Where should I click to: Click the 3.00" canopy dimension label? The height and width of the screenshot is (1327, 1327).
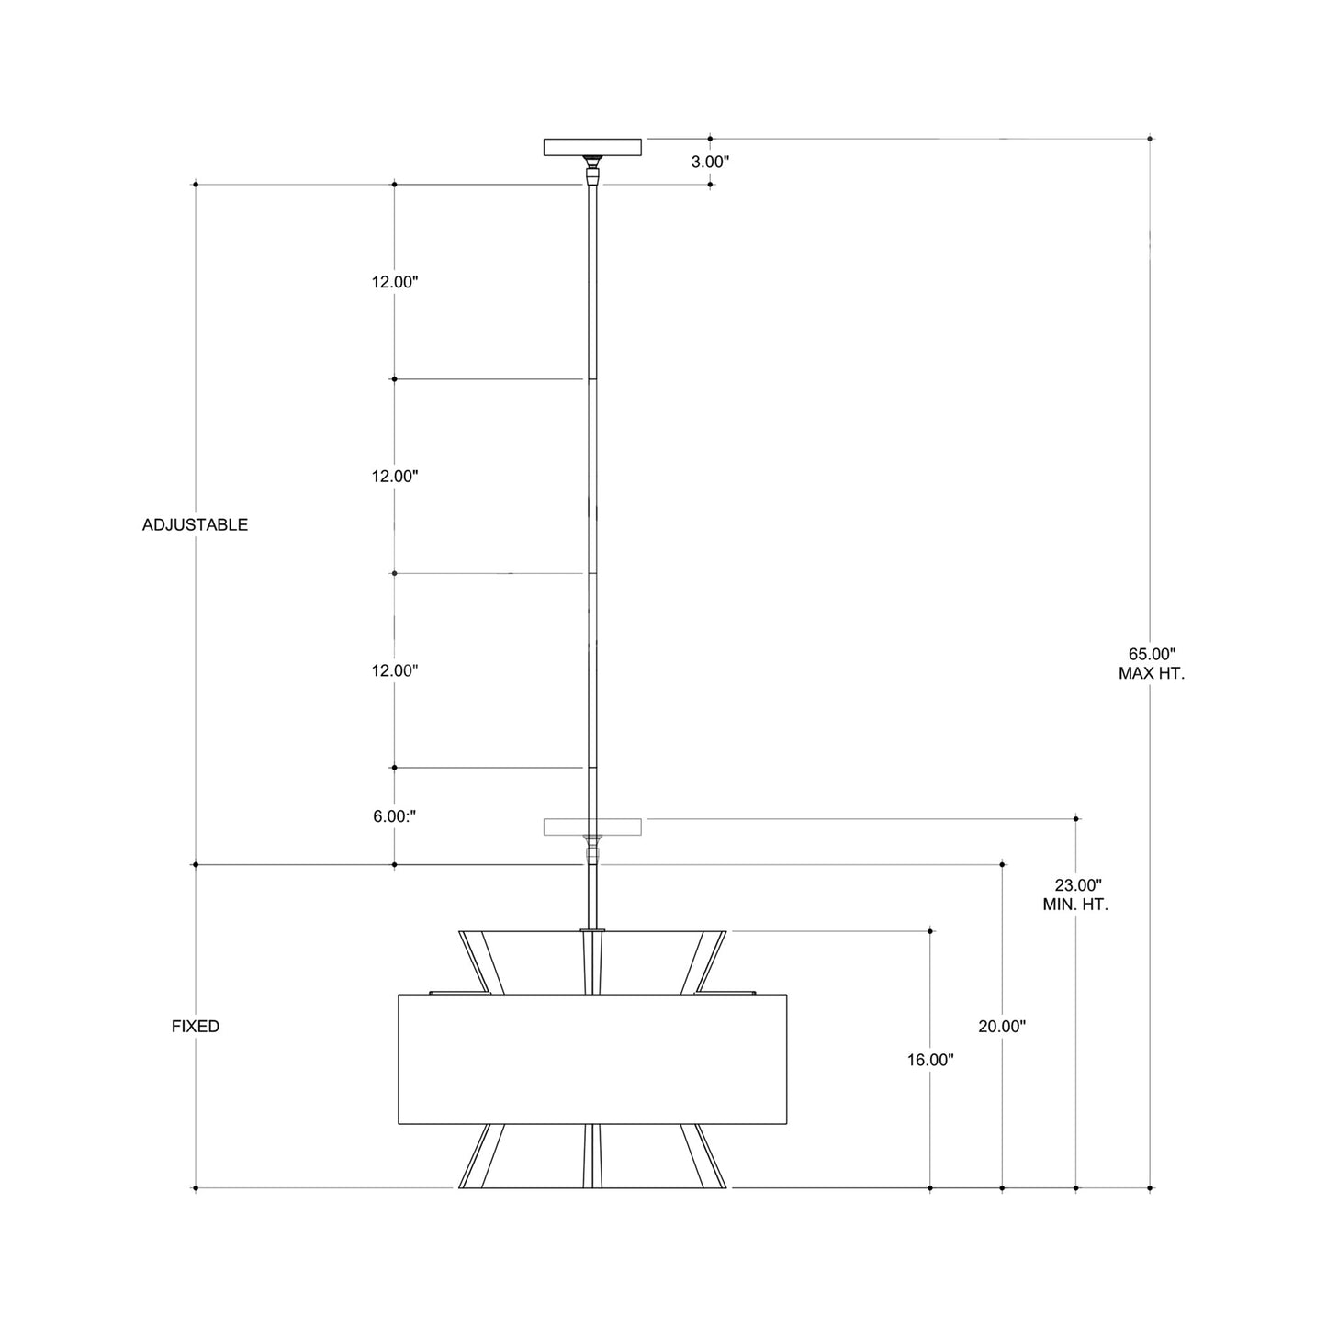tap(710, 162)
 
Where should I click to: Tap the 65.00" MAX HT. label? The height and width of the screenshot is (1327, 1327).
tap(1151, 663)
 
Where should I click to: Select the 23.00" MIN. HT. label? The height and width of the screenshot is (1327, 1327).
tap(1075, 894)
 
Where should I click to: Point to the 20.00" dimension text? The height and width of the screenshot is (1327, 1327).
tap(1001, 1027)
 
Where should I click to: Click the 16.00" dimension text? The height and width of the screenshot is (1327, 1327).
tap(930, 1060)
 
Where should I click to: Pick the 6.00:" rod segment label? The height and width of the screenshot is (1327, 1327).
tap(394, 815)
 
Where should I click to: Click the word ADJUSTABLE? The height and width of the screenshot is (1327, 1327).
tap(195, 525)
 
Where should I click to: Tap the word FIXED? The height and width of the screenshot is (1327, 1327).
tap(196, 1027)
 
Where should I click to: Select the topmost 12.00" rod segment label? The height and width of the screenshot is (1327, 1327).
tap(395, 282)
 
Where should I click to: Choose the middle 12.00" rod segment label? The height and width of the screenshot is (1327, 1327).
tap(395, 476)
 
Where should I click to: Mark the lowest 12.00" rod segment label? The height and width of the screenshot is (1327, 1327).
tap(395, 670)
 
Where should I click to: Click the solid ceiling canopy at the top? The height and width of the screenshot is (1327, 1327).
tap(592, 147)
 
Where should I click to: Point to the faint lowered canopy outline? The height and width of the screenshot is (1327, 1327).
tap(592, 827)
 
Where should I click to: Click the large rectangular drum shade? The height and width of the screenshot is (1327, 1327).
tap(592, 1059)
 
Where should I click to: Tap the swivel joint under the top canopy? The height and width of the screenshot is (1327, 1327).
tap(593, 170)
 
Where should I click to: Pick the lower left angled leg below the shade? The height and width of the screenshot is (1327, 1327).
tap(483, 1156)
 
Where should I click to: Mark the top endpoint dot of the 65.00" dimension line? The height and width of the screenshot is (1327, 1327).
tap(1151, 139)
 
